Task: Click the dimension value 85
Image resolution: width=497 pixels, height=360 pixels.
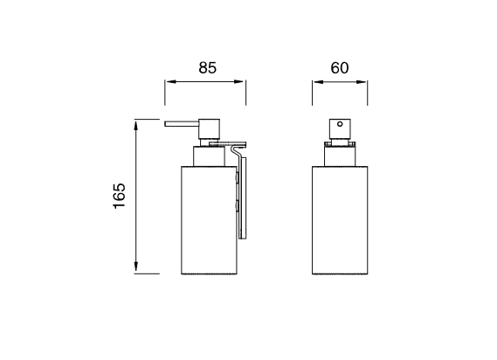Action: tap(206, 66)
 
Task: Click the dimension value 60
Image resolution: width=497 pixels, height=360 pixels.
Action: tap(341, 66)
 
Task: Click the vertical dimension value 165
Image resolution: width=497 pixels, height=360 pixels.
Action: tap(120, 197)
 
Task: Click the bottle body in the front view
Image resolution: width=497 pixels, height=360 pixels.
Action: tap(341, 218)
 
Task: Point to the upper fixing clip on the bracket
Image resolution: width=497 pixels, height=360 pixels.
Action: tap(238, 177)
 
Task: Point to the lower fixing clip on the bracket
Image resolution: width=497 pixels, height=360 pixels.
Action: tap(238, 208)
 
